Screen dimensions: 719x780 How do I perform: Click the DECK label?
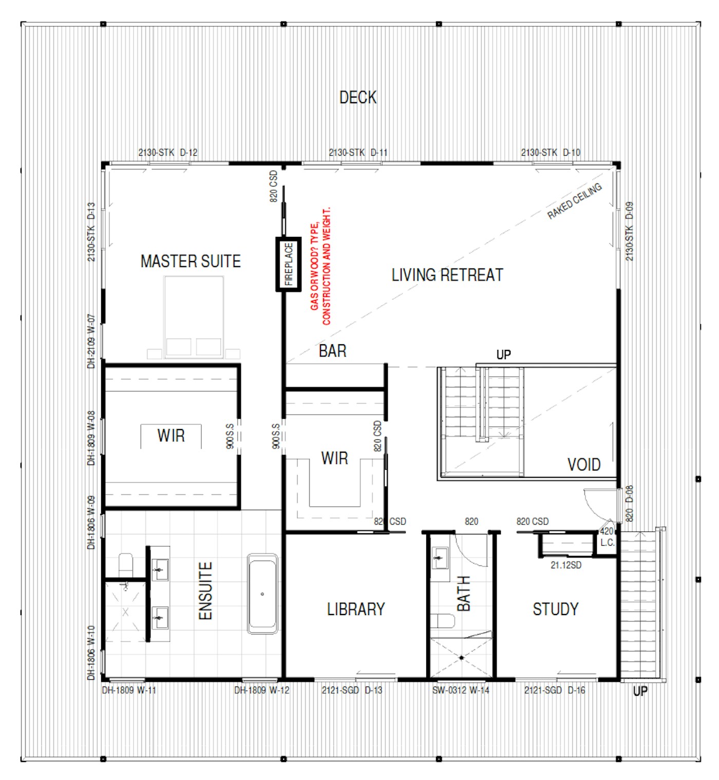point(357,98)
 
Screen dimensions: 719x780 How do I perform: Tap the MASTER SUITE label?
point(191,261)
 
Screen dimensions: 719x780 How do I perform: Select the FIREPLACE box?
point(288,264)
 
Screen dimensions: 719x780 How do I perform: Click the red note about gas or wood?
point(320,266)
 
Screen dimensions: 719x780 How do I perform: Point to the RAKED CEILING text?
point(574,201)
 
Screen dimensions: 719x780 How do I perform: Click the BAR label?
point(332,351)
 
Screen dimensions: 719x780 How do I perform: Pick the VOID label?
point(583,465)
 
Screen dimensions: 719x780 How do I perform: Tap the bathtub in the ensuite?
point(262,594)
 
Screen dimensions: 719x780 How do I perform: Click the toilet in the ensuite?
point(125,565)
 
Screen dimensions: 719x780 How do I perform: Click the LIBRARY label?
point(356,609)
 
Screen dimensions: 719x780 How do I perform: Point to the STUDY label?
point(555,609)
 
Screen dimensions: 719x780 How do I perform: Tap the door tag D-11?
point(379,153)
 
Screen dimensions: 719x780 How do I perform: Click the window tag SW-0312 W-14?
point(460,690)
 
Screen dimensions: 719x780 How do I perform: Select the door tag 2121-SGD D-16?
point(554,690)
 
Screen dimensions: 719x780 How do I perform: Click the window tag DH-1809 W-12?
point(261,690)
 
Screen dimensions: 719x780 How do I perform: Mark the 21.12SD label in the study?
point(565,565)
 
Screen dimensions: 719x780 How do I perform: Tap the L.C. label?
point(607,543)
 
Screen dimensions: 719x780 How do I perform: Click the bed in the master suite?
point(194,318)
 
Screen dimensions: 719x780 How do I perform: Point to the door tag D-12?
point(188,153)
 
